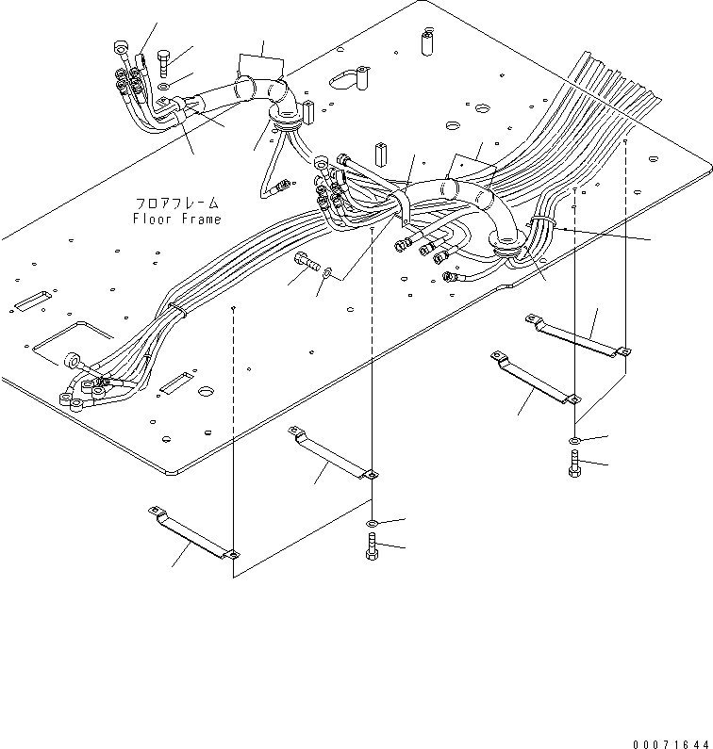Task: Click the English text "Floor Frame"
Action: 176,220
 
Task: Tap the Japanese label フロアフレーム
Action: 176,204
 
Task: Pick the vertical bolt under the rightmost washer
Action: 574,463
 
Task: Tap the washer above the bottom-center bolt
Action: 373,523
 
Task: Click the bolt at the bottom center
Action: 372,546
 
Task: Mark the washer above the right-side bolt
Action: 574,440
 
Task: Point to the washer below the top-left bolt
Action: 165,87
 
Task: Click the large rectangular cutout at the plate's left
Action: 71,340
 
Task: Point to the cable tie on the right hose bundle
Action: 540,223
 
